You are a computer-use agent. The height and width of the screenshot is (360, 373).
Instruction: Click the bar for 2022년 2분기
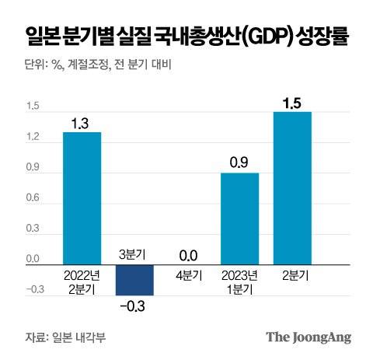coord(82,198)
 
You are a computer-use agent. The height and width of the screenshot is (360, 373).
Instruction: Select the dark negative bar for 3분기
coord(134,280)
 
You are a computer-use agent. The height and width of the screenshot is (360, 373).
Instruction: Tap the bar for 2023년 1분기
coord(240,218)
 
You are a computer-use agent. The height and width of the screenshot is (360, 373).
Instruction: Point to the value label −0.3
coord(134,306)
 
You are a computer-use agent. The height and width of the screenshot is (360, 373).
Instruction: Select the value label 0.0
coord(186,253)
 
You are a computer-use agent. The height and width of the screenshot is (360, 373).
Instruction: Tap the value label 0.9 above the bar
coord(240,162)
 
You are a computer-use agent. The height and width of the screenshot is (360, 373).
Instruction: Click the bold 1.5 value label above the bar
coord(292,100)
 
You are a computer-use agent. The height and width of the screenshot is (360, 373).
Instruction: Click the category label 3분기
coord(134,253)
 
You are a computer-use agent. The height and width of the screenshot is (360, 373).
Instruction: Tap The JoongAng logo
coord(309,337)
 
